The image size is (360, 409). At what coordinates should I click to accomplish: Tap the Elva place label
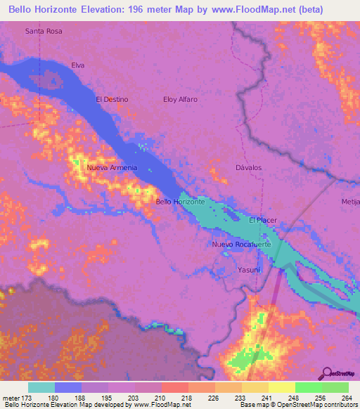tap(77, 65)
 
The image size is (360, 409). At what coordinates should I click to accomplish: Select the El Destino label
tap(112, 99)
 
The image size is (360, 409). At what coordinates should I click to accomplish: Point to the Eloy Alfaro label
tap(180, 99)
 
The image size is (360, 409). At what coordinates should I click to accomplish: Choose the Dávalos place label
tap(247, 168)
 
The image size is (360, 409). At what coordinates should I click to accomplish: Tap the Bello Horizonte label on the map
tap(180, 202)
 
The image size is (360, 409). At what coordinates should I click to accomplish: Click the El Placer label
tap(263, 220)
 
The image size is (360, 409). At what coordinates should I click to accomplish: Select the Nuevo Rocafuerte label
tap(241, 244)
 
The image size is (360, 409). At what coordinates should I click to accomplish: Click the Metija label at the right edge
tap(351, 202)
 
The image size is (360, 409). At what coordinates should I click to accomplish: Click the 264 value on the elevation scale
tap(347, 398)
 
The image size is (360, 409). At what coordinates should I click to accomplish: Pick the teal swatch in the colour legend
tap(41, 387)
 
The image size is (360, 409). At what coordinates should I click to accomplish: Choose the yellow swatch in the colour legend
tap(281, 387)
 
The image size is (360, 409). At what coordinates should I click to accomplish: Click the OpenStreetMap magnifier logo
tap(327, 373)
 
